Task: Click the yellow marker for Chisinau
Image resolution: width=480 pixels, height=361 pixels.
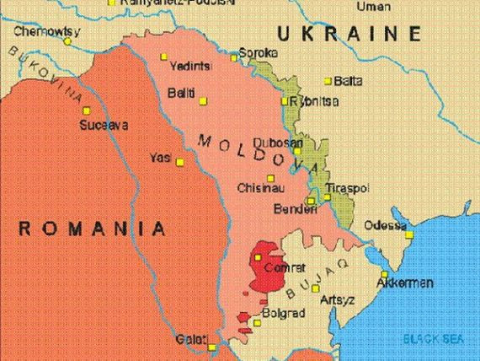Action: [x=270, y=178]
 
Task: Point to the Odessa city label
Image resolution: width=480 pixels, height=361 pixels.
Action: [x=383, y=225]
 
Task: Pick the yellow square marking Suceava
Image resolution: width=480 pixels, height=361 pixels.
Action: [x=85, y=110]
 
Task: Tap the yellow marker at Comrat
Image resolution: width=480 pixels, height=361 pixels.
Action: [x=258, y=257]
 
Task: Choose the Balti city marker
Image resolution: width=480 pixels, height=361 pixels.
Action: [x=203, y=101]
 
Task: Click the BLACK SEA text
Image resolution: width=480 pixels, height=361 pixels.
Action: [x=434, y=338]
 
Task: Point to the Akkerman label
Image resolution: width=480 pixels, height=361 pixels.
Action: [x=405, y=283]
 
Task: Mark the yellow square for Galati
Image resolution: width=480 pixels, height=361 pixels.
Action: [x=212, y=347]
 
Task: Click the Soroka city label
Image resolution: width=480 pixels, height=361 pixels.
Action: [x=258, y=52]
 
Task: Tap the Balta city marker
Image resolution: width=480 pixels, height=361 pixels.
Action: [x=328, y=81]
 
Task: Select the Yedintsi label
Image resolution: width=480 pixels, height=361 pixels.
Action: [x=189, y=66]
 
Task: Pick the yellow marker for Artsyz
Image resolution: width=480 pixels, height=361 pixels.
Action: [x=316, y=288]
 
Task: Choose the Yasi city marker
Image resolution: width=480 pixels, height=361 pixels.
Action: [x=179, y=163]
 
